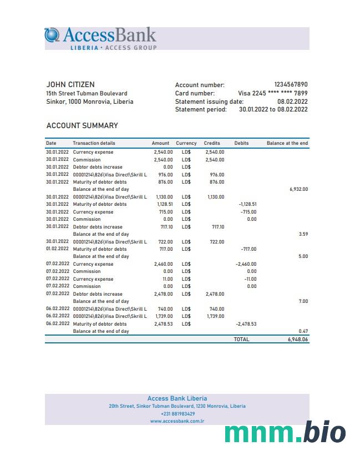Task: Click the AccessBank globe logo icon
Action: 52,35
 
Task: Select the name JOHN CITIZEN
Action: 70,85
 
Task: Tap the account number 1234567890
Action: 291,85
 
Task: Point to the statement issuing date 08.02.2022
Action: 292,102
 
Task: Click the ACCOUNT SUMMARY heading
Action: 82,126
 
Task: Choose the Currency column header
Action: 186,143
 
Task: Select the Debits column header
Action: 241,143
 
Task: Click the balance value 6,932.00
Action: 298,189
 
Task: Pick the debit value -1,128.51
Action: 247,204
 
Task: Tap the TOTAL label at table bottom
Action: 241,339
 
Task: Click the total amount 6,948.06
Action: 298,339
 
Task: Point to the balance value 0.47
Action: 303,331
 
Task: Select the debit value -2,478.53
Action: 247,324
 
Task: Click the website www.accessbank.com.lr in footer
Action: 178,421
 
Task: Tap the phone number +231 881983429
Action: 178,414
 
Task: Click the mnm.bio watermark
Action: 285,433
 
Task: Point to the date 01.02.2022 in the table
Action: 58,249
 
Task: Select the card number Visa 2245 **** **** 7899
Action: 272,93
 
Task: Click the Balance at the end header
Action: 287,143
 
